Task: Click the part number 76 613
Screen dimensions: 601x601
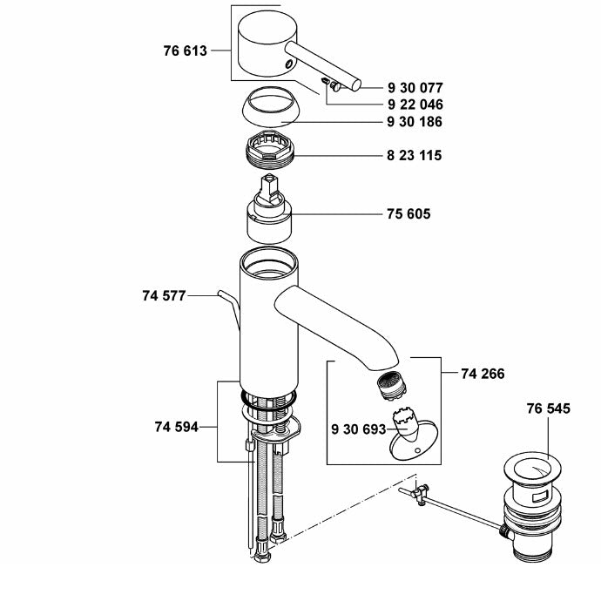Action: click(185, 51)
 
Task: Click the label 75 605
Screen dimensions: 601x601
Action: click(408, 213)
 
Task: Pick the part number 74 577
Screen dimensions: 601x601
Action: click(163, 296)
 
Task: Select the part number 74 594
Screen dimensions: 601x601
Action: click(177, 427)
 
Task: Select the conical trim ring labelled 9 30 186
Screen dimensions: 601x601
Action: click(267, 108)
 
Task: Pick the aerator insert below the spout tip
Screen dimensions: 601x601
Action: click(387, 385)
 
